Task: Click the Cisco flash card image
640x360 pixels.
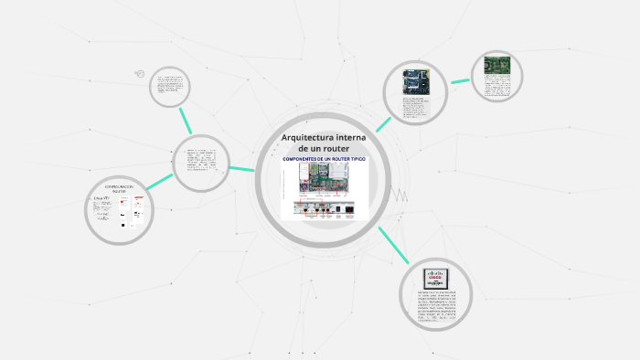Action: click(x=435, y=278)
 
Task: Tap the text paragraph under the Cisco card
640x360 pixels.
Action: click(x=434, y=306)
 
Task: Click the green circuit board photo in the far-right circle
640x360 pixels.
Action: click(x=497, y=66)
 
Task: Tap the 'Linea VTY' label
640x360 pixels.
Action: click(x=101, y=196)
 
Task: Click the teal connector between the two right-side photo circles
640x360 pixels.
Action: click(x=460, y=81)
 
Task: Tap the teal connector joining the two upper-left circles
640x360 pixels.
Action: click(x=186, y=121)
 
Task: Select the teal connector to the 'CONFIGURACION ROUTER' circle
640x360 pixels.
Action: click(x=159, y=182)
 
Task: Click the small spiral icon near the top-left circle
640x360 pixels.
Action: click(x=139, y=74)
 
